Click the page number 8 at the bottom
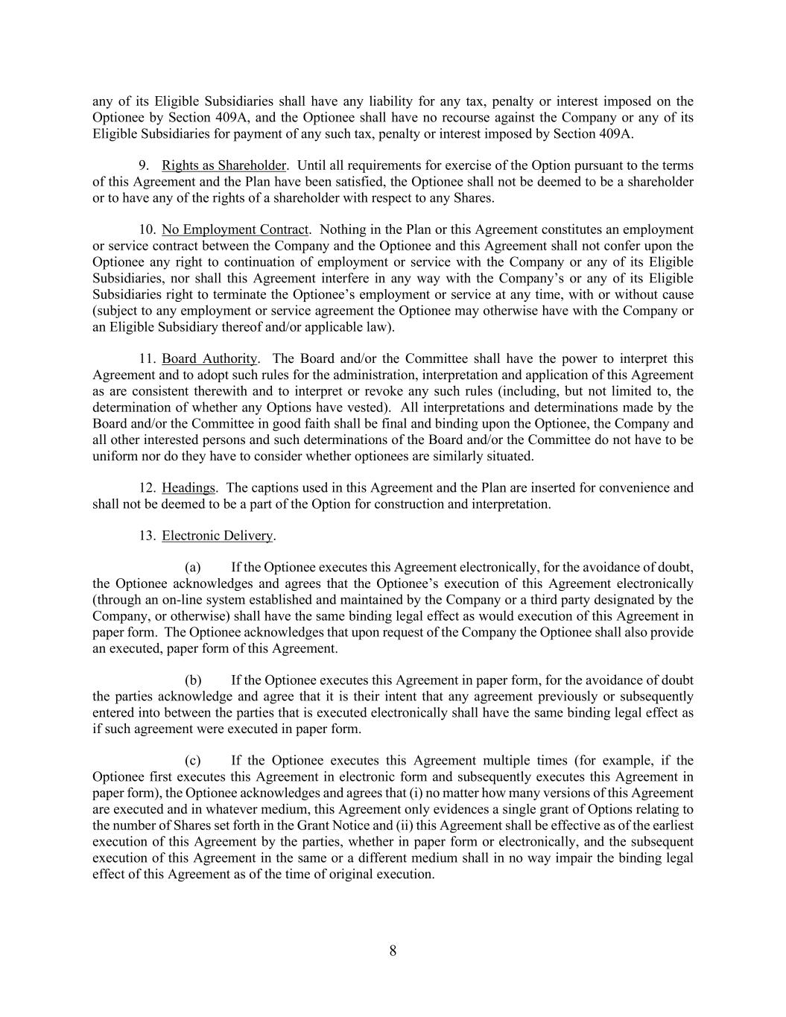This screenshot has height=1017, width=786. pos(393,951)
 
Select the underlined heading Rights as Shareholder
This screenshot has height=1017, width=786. pos(224,165)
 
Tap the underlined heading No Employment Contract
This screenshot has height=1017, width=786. pos(235,229)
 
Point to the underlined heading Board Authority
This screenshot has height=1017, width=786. pos(209,359)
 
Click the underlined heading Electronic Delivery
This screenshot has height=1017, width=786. pos(218,536)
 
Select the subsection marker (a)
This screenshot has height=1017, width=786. pos(193,568)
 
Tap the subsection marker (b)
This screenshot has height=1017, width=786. pos(193,680)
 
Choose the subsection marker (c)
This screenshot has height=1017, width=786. pos(193,761)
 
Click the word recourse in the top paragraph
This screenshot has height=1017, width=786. pos(458,118)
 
